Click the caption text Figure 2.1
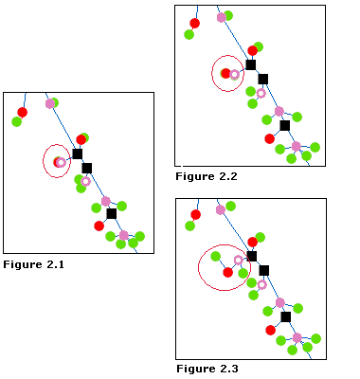pyautogui.click(x=33, y=264)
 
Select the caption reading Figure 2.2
pyautogui.click(x=206, y=176)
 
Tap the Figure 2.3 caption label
pyautogui.click(x=207, y=369)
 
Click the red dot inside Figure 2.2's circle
pyautogui.click(x=225, y=73)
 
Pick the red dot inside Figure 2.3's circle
pyautogui.click(x=227, y=272)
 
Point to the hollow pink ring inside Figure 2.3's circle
pyautogui.click(x=239, y=260)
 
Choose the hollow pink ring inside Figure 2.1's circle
pyautogui.click(x=61, y=162)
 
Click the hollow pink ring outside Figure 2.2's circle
pyautogui.click(x=261, y=93)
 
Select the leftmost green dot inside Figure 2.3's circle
pyautogui.click(x=216, y=256)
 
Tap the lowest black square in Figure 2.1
pyautogui.click(x=112, y=213)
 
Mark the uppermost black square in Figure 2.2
pyautogui.click(x=251, y=64)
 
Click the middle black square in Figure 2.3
pyautogui.click(x=264, y=270)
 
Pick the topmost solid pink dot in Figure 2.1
pyautogui.click(x=49, y=103)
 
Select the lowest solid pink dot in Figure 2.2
pyautogui.click(x=297, y=146)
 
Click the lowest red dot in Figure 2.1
pyautogui.click(x=99, y=226)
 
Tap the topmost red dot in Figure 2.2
pyautogui.click(x=194, y=23)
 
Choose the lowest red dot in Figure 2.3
pyautogui.click(x=270, y=330)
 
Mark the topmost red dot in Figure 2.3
pyautogui.click(x=194, y=214)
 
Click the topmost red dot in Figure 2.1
pyautogui.click(x=23, y=112)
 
